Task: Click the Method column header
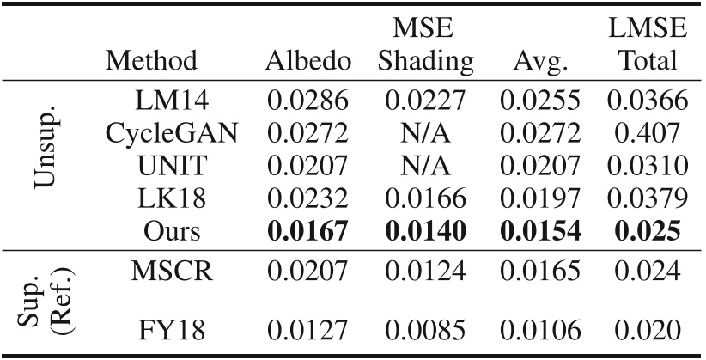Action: pyautogui.click(x=151, y=61)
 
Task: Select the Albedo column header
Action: pyautogui.click(x=308, y=61)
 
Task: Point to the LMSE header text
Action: pyautogui.click(x=648, y=28)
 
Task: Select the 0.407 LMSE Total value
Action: pyautogui.click(x=648, y=134)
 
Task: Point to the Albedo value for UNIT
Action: pyautogui.click(x=308, y=167)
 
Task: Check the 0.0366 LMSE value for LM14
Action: pyautogui.click(x=648, y=101)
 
